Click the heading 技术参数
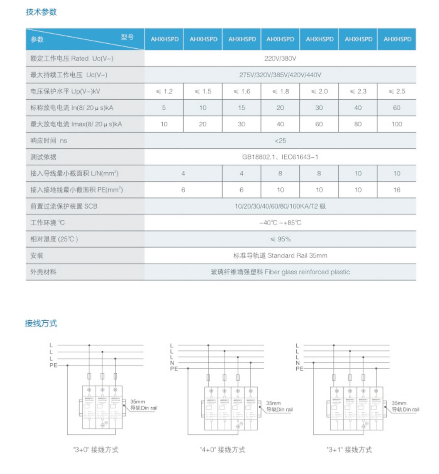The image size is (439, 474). pyautogui.click(x=41, y=12)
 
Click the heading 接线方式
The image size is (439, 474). pyautogui.click(x=41, y=323)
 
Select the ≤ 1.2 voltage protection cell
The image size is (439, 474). pyautogui.click(x=164, y=91)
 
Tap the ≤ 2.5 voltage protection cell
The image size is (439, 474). pyautogui.click(x=397, y=91)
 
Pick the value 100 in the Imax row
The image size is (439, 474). pyautogui.click(x=397, y=124)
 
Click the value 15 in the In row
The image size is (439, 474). pyautogui.click(x=242, y=108)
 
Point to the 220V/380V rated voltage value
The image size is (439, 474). pyautogui.click(x=280, y=58)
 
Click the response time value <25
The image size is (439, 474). pyautogui.click(x=280, y=141)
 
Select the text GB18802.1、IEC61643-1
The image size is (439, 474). pyautogui.click(x=280, y=157)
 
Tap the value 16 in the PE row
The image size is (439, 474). pyautogui.click(x=397, y=190)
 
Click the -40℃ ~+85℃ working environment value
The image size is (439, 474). pyautogui.click(x=280, y=223)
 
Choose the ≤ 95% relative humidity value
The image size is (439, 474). pyautogui.click(x=280, y=239)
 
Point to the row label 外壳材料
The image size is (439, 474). pyautogui.click(x=43, y=272)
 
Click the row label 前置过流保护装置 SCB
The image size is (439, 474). pyautogui.click(x=64, y=206)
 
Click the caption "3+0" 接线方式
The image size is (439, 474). pyautogui.click(x=96, y=450)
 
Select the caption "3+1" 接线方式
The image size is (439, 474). pyautogui.click(x=349, y=450)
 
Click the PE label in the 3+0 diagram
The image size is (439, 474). pyautogui.click(x=53, y=365)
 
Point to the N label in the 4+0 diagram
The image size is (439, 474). pyautogui.click(x=172, y=363)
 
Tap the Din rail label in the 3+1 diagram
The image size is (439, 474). pyautogui.click(x=406, y=410)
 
